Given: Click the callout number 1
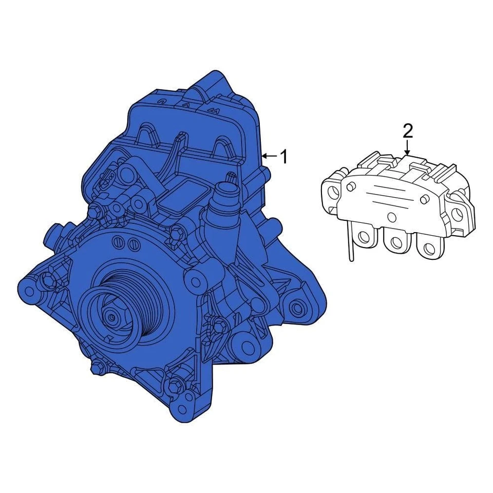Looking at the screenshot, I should (x=283, y=157).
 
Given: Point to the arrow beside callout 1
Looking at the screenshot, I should (x=268, y=156).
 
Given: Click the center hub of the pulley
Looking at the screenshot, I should (x=111, y=317).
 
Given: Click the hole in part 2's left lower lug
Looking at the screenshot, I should (x=365, y=237).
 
